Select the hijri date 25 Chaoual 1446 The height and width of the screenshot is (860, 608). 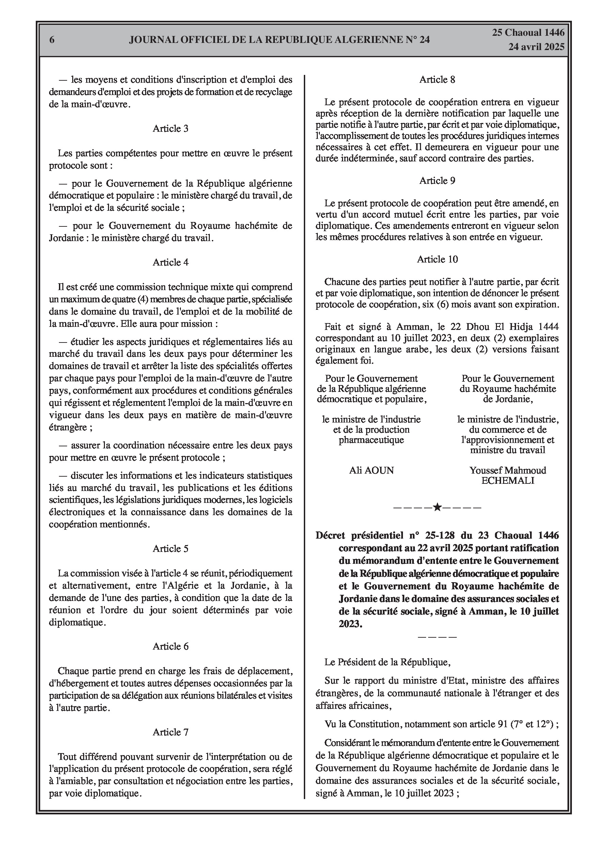click(528, 33)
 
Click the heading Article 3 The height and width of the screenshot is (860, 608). click(171, 128)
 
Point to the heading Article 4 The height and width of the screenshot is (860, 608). click(171, 262)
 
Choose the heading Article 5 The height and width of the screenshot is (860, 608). click(171, 549)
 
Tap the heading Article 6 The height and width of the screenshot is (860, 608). click(171, 646)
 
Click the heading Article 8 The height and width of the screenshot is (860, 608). click(437, 79)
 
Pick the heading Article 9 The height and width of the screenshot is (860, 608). click(437, 180)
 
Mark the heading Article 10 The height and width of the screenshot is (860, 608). click(437, 259)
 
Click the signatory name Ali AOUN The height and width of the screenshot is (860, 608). click(372, 471)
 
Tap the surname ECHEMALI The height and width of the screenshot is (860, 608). click(508, 481)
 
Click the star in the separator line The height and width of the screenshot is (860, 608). click(437, 508)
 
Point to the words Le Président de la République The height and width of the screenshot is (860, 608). click(387, 662)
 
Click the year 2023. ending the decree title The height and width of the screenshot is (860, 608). click(350, 624)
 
